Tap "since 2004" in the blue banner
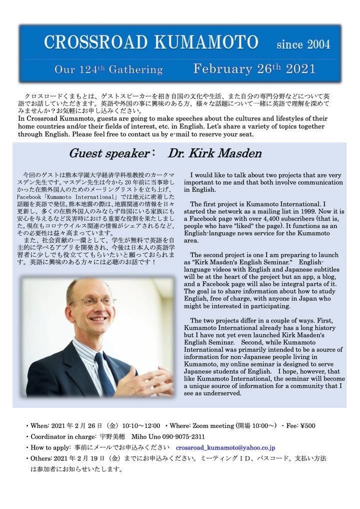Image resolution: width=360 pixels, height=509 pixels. pos(303,44)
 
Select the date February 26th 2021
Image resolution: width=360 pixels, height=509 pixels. pos(254,68)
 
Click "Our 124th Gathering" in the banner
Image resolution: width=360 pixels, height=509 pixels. pos(108,69)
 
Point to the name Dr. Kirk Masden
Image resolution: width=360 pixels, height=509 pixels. pos(214,153)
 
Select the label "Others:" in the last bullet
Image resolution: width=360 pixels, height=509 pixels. pos(42,458)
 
